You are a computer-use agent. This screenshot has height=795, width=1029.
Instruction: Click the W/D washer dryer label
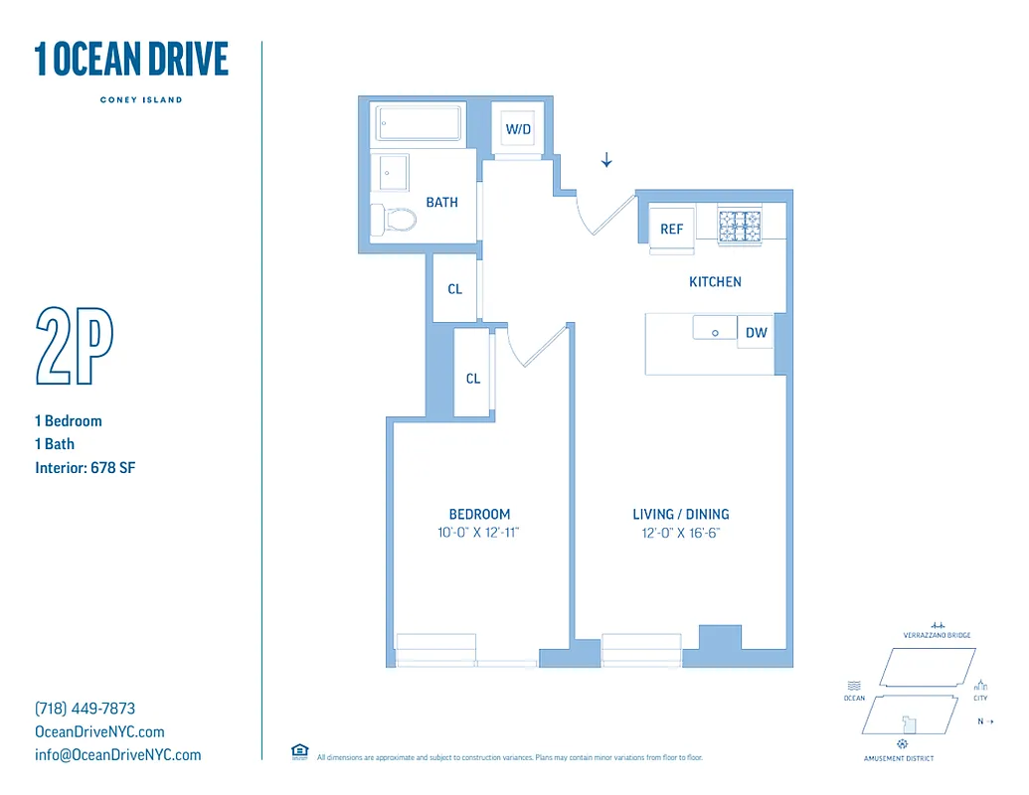[x=518, y=129]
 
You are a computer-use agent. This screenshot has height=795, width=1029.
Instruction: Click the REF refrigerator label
[x=672, y=230]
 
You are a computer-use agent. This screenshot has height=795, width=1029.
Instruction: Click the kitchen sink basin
[x=715, y=330]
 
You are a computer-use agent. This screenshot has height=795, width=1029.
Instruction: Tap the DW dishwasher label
[x=757, y=333]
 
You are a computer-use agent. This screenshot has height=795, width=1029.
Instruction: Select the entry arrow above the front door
[x=605, y=160]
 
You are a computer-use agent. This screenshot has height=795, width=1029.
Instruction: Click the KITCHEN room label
[x=715, y=282]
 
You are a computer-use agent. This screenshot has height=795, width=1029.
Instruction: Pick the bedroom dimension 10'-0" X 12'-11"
[x=479, y=533]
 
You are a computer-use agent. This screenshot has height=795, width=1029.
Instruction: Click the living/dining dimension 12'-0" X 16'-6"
[x=681, y=533]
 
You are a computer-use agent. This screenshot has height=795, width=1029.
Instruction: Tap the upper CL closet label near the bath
[x=454, y=289]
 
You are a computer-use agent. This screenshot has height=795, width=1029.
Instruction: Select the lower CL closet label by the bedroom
[x=473, y=379]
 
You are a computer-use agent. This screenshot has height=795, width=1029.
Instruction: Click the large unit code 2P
[x=75, y=347]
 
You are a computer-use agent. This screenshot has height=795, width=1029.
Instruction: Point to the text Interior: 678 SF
[x=85, y=467]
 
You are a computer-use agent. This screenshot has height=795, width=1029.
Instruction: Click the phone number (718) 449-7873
[x=85, y=709]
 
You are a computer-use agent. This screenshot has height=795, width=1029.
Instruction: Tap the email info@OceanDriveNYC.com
[x=117, y=754]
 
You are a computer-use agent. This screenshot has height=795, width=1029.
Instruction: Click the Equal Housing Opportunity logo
[x=299, y=751]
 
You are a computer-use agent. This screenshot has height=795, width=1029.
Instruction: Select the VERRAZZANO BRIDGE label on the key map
[x=937, y=635]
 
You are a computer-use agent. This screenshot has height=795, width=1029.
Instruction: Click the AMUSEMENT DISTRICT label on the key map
[x=899, y=758]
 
